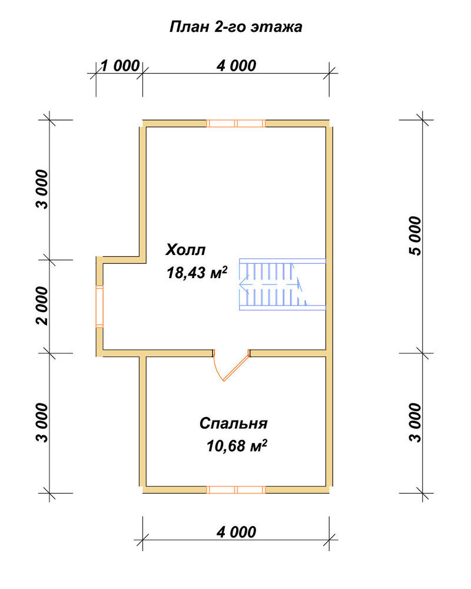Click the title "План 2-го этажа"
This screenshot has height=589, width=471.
click(236, 27)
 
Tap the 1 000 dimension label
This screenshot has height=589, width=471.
click(120, 66)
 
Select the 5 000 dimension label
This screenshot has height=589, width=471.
click(416, 236)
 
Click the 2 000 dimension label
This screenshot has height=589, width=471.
click(42, 306)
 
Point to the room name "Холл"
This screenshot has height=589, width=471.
click(185, 250)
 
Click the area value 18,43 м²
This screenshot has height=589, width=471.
click(197, 273)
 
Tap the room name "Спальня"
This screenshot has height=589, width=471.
click(233, 423)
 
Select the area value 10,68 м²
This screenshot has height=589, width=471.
click(237, 446)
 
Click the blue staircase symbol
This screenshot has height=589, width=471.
click(283, 284)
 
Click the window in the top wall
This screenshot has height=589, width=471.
click(236, 123)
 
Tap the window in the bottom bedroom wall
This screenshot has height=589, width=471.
click(236, 489)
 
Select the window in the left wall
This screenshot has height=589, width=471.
click(99, 306)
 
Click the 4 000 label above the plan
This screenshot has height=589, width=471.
click(236, 66)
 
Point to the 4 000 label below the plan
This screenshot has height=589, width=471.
click(236, 532)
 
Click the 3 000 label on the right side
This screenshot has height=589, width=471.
click(416, 422)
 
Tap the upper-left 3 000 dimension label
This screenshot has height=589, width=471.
click(42, 189)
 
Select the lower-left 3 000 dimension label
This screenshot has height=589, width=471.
click(42, 422)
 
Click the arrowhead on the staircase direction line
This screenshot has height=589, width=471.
click(243, 284)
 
